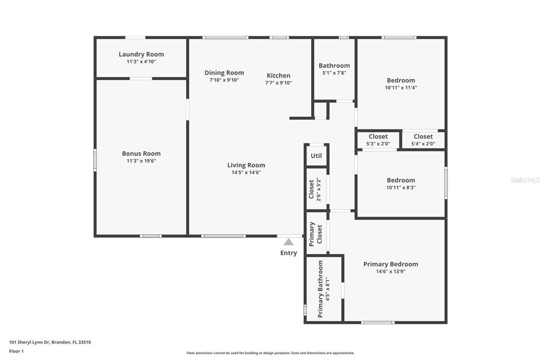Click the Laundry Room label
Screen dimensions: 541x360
(x=141, y=54)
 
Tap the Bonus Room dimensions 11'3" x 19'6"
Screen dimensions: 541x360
(x=141, y=160)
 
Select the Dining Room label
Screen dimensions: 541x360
(x=224, y=73)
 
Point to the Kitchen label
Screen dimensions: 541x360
(x=278, y=75)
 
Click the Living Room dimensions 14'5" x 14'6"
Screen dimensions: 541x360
(x=246, y=173)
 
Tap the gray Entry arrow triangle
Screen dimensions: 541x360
(x=288, y=242)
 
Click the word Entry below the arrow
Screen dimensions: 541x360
(x=288, y=253)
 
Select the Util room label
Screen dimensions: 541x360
(x=316, y=156)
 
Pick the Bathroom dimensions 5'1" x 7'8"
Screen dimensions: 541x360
(x=334, y=73)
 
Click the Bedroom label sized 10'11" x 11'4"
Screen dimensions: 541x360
(x=400, y=80)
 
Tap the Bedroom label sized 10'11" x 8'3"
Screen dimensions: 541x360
(x=400, y=181)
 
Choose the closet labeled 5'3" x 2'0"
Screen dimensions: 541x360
(x=378, y=137)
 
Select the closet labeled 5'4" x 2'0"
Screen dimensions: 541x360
(x=423, y=137)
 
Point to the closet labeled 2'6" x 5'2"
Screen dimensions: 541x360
(x=312, y=189)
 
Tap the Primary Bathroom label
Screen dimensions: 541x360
(x=321, y=289)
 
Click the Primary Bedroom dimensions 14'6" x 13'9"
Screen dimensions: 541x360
(x=390, y=271)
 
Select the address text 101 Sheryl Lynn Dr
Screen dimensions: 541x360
(x=30, y=343)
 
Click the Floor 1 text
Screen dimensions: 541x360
(x=16, y=352)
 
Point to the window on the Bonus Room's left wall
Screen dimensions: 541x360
(x=95, y=160)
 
